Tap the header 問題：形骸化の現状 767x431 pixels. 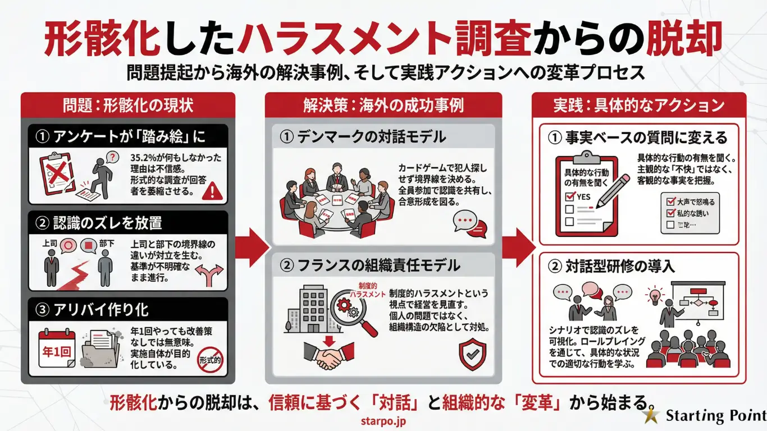click(x=128, y=106)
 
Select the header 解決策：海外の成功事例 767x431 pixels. click(x=383, y=106)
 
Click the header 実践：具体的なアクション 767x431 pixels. click(x=639, y=106)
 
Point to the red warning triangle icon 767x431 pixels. click(x=211, y=192)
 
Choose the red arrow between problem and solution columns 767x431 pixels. click(x=252, y=247)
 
